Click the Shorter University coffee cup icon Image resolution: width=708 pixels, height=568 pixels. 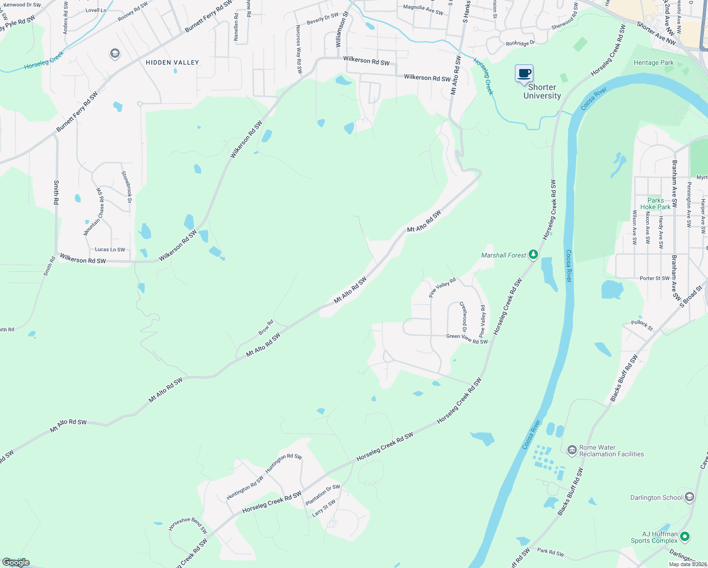(x=524, y=74)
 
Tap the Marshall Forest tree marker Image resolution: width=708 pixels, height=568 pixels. (x=533, y=255)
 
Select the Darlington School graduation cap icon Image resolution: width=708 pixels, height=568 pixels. (x=690, y=497)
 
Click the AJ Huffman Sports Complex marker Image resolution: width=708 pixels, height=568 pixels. (x=685, y=537)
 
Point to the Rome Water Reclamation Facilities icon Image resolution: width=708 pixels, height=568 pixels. (x=572, y=450)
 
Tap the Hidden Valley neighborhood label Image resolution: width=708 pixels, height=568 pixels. (x=172, y=62)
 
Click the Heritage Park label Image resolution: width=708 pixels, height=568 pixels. (x=654, y=62)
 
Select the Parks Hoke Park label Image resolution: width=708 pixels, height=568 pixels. (x=655, y=204)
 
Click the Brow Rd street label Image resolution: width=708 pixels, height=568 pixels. (x=265, y=328)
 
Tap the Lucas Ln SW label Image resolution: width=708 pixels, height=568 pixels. (x=110, y=249)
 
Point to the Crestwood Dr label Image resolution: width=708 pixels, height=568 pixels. (x=464, y=317)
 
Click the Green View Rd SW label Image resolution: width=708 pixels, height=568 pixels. (x=467, y=339)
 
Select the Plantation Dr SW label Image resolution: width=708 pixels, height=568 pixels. (x=323, y=495)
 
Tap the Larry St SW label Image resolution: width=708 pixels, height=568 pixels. (x=324, y=508)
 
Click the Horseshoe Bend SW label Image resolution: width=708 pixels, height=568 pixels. (x=188, y=525)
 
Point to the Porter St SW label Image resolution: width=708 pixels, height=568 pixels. (x=655, y=278)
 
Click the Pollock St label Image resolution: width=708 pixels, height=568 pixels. (x=642, y=325)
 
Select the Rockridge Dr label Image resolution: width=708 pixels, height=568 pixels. (x=520, y=43)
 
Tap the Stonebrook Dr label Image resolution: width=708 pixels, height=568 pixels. (x=126, y=187)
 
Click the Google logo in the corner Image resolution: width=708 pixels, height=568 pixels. (x=16, y=562)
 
